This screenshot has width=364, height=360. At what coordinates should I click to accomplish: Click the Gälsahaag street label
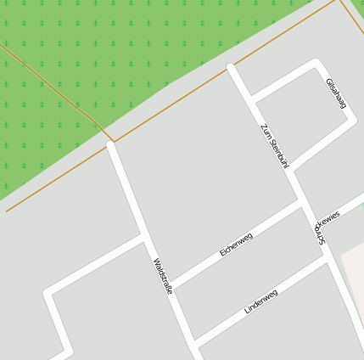[336, 93]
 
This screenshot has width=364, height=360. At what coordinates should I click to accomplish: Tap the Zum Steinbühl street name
[275, 145]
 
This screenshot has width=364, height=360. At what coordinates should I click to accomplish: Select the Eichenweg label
[236, 245]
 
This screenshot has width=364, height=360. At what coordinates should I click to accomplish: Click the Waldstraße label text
[164, 276]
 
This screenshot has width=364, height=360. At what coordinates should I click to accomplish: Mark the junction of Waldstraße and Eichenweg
[171, 284]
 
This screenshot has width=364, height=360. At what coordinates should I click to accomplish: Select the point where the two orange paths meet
[113, 140]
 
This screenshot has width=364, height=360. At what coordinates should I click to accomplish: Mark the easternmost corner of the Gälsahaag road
[350, 121]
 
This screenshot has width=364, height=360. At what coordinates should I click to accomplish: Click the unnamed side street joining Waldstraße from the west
[93, 266]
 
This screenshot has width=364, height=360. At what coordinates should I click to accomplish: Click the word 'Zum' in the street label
[265, 130]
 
